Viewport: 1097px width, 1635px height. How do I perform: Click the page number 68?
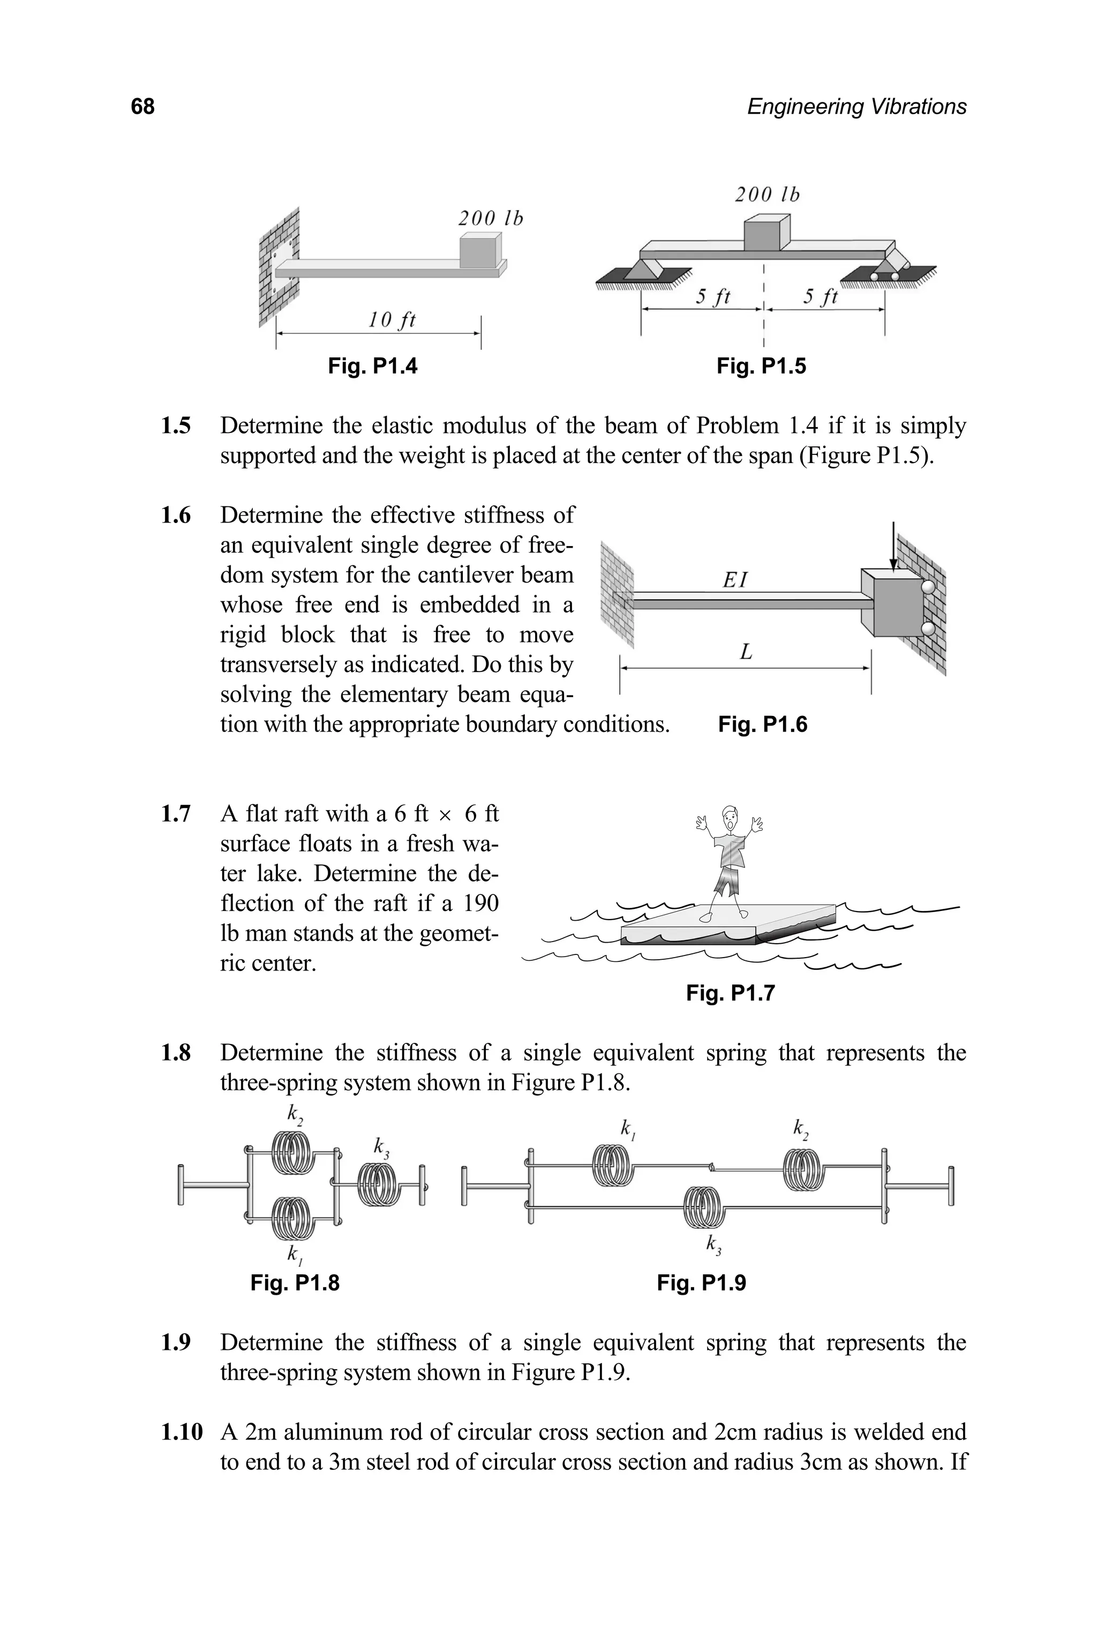(142, 107)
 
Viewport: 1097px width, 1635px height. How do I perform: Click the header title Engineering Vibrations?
(856, 107)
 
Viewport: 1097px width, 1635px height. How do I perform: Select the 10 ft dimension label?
(392, 320)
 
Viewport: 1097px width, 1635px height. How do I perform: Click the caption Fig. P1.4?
(372, 366)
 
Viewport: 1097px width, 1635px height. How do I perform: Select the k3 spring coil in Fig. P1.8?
(379, 1184)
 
